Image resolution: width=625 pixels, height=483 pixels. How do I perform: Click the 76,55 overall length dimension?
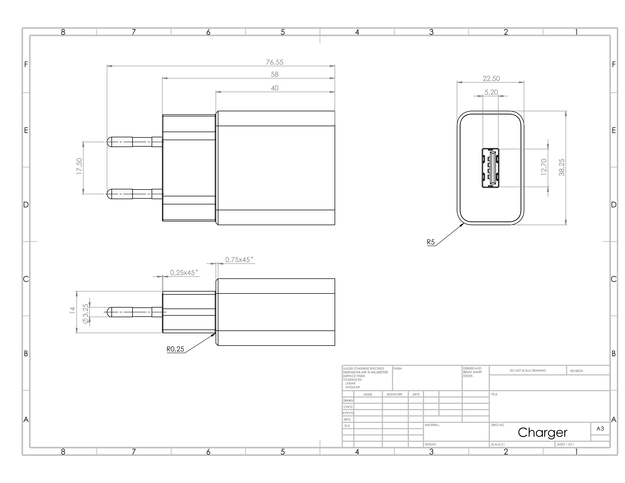274,62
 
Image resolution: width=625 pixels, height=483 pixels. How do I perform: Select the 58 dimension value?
274,74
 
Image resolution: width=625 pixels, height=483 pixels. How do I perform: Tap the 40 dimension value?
274,88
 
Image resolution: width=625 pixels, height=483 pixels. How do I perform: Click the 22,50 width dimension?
491,78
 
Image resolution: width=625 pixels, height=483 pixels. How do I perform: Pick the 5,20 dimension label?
491,92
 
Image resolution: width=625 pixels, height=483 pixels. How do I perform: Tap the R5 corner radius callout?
430,242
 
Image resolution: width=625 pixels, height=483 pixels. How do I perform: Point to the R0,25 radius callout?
175,349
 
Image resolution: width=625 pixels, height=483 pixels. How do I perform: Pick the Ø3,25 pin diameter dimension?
85,314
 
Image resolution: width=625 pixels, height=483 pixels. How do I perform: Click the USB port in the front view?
490,168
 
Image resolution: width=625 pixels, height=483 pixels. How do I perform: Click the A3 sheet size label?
600,428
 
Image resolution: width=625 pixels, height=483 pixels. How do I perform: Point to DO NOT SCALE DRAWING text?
527,371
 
